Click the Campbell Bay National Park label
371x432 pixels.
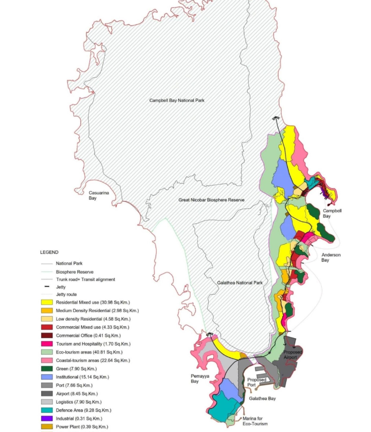[x=176, y=100]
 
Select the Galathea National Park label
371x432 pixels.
[x=240, y=282]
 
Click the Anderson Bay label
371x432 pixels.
[x=333, y=257]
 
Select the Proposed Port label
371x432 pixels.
[x=256, y=382]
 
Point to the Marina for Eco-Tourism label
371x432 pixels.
[x=255, y=421]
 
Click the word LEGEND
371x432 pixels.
[x=49, y=252]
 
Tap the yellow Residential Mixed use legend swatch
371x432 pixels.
[x=47, y=303]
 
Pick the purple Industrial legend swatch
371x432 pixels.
[x=47, y=418]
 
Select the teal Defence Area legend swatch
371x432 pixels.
[x=47, y=410]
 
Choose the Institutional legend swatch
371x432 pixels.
[x=47, y=377]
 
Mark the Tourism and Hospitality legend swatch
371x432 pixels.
[x=47, y=344]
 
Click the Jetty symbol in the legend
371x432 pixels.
[x=47, y=287]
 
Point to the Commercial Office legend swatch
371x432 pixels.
[x=47, y=336]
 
